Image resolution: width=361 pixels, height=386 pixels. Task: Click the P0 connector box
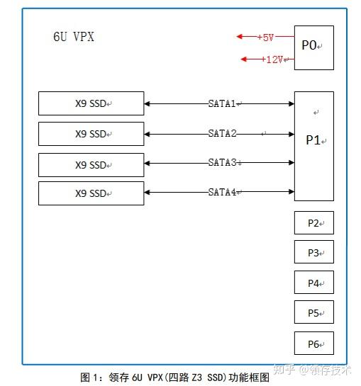pyautogui.click(x=313, y=47)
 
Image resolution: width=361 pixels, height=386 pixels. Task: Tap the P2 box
pyautogui.click(x=313, y=223)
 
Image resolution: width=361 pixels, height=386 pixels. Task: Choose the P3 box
pyautogui.click(x=313, y=252)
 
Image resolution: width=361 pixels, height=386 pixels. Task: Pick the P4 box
pyautogui.click(x=313, y=283)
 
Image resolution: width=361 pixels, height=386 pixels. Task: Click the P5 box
pyautogui.click(x=313, y=312)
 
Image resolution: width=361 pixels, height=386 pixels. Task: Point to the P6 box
pyautogui.click(x=313, y=344)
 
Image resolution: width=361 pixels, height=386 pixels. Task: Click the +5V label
pyautogui.click(x=265, y=37)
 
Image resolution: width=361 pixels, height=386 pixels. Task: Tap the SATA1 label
pyautogui.click(x=223, y=103)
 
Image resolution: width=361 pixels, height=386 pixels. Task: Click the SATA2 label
pyautogui.click(x=223, y=133)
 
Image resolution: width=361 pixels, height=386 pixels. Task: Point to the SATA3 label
pyautogui.click(x=223, y=162)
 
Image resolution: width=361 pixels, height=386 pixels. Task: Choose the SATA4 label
pyautogui.click(x=223, y=192)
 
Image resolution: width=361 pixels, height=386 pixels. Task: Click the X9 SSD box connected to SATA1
pyautogui.click(x=91, y=103)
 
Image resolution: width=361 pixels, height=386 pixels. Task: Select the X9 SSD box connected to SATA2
pyautogui.click(x=91, y=134)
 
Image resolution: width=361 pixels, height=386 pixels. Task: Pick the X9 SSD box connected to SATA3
pyautogui.click(x=91, y=164)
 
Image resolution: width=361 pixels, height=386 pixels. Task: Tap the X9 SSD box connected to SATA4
pyautogui.click(x=91, y=193)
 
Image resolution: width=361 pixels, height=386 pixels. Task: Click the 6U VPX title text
pyautogui.click(x=73, y=37)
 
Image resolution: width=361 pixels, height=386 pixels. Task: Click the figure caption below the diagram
pyautogui.click(x=175, y=378)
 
